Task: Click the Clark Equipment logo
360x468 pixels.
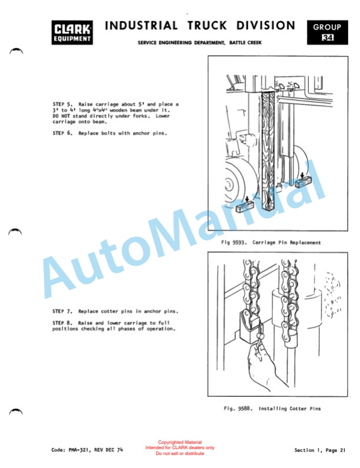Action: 72,32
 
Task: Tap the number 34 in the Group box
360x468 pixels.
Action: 328,38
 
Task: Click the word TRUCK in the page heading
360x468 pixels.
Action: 207,26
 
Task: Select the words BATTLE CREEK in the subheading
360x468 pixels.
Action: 245,43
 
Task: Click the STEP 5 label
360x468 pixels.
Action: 62,104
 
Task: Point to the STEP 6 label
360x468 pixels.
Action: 62,133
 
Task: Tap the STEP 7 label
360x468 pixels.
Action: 62,311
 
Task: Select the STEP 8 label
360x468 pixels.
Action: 62,323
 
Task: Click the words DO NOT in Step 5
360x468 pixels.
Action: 61,116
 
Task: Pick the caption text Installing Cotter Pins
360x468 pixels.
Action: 289,409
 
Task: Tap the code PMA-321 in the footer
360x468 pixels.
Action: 79,450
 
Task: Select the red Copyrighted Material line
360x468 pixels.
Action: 179,442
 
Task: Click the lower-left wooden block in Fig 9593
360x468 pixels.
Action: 245,207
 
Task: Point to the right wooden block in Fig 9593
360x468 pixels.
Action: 304,182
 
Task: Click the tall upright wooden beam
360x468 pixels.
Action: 268,150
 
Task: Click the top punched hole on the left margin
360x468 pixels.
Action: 16,51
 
